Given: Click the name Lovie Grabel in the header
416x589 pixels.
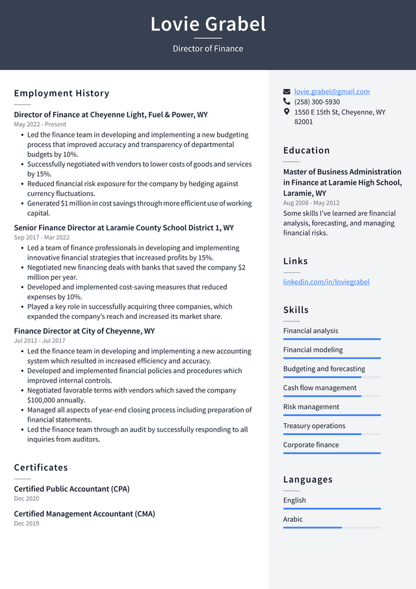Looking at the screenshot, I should tap(208, 24).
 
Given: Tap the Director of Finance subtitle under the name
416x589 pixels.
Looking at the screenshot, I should tap(208, 49).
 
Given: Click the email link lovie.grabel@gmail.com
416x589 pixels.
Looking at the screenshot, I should tap(331, 92).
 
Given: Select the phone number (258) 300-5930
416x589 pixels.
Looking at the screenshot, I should tap(317, 102).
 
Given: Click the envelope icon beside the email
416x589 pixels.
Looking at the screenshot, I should tap(287, 92).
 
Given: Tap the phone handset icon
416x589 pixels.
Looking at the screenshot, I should tap(287, 102).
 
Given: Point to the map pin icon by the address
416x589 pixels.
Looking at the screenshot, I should tap(287, 112).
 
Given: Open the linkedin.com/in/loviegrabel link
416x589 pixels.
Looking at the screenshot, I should tap(326, 282).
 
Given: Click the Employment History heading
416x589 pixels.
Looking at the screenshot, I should tap(62, 94).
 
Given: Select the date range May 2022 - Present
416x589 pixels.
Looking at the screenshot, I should tap(40, 124).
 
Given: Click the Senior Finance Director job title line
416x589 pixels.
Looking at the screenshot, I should tap(123, 228).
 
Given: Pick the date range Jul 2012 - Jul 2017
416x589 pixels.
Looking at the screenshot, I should tap(40, 340).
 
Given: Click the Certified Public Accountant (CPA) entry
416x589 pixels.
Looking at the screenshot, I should tap(71, 489).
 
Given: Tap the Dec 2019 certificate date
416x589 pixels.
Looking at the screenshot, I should tap(27, 523).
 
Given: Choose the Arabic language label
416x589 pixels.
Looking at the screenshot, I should tap(292, 519).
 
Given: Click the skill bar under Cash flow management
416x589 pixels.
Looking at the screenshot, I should tap(331, 396).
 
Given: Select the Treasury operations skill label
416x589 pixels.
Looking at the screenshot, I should tap(314, 426).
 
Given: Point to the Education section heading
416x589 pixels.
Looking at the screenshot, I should tap(306, 150).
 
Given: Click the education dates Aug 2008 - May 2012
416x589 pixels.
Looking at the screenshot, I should tap(311, 203).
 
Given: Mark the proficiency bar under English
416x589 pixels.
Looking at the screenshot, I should tap(331, 508).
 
